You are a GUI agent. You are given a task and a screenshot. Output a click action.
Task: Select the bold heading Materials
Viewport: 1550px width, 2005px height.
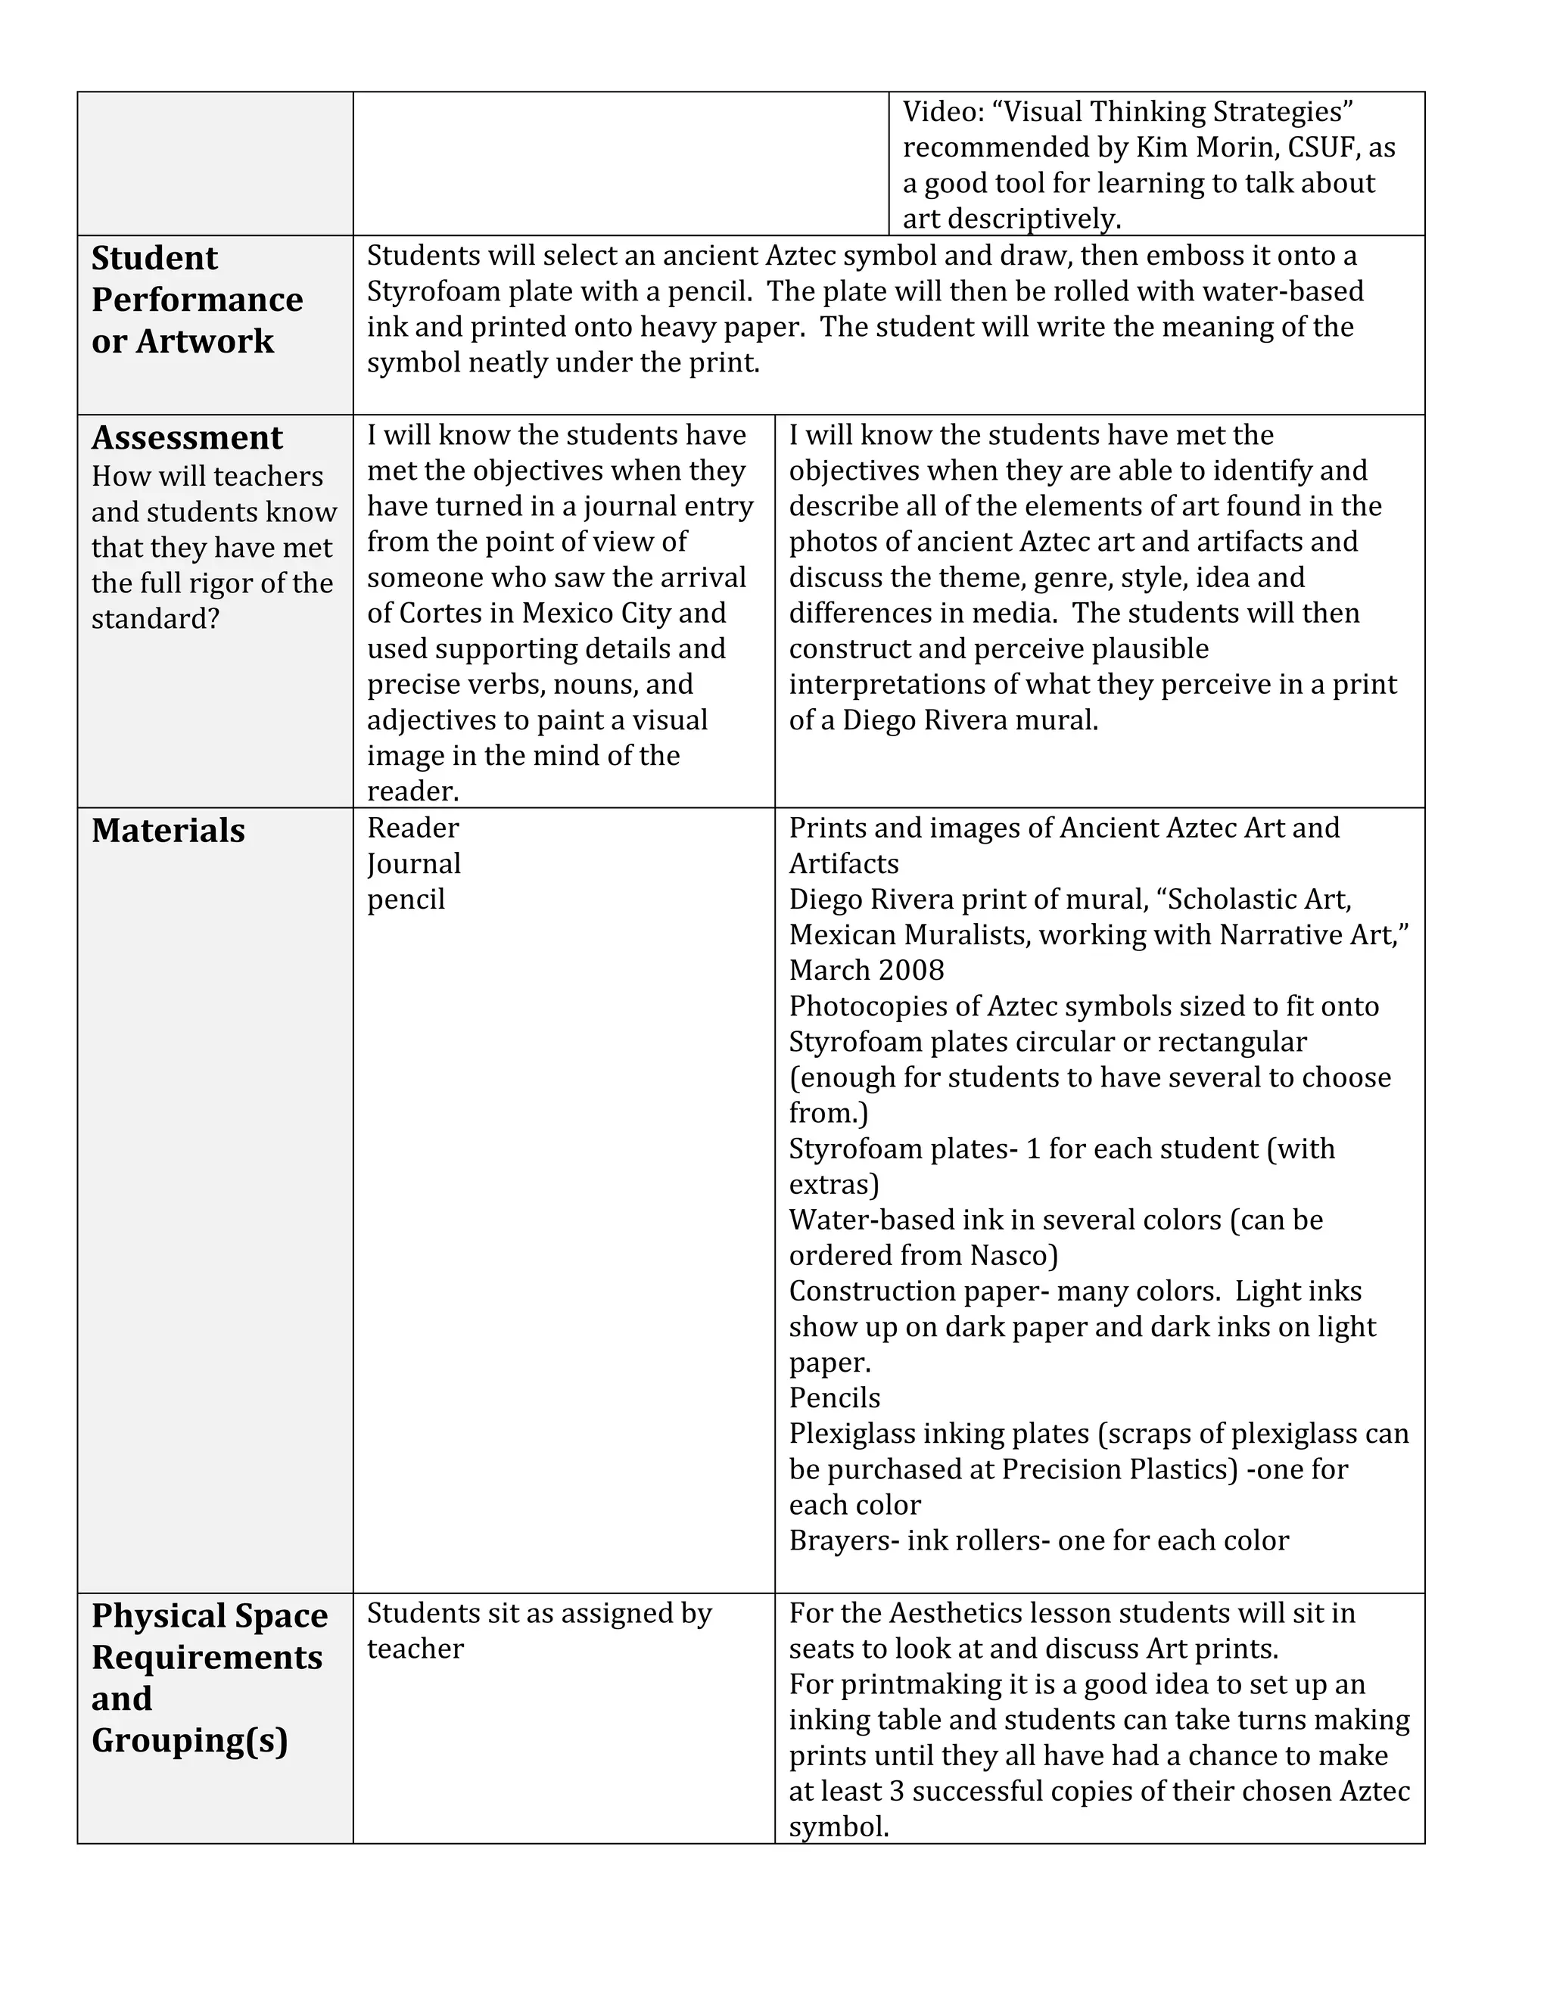click(168, 831)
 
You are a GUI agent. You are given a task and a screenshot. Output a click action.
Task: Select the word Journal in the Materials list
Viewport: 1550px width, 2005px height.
click(414, 864)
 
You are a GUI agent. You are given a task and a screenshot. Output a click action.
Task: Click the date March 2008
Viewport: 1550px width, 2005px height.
click(866, 971)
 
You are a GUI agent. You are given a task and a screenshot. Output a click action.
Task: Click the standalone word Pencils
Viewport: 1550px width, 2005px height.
click(834, 1398)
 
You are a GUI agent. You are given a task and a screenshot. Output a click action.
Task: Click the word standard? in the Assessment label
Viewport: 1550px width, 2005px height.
click(155, 619)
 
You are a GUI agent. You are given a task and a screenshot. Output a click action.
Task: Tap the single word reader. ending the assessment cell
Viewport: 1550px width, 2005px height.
click(412, 791)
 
